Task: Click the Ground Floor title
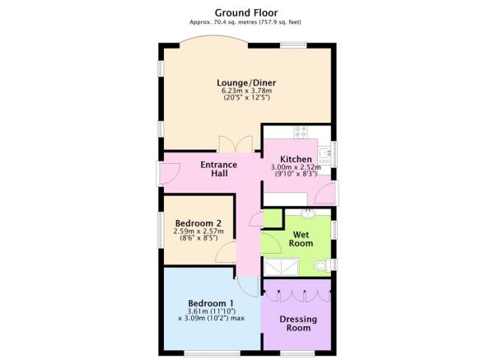tap(246, 13)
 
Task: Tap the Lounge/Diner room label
tap(246, 82)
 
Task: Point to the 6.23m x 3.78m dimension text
tap(246, 91)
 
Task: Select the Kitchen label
tap(296, 159)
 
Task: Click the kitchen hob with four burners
tap(301, 132)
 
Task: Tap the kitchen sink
tap(325, 156)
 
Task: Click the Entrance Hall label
tap(219, 169)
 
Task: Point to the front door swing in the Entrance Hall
tap(170, 173)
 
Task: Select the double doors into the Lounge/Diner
tap(236, 144)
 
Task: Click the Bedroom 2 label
tap(198, 223)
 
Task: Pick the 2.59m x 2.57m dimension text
tap(198, 231)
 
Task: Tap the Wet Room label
tap(301, 239)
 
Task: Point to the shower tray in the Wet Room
tap(282, 267)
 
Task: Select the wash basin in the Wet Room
tap(307, 213)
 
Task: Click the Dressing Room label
tap(298, 324)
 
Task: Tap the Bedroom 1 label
tap(211, 303)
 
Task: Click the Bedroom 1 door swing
tap(249, 287)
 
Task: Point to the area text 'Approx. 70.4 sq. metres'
tap(222, 22)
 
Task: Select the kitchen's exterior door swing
tap(325, 193)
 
